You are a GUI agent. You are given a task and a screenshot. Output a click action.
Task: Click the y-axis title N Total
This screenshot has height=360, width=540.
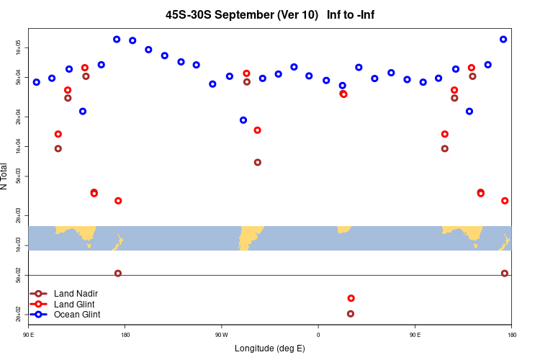(5, 176)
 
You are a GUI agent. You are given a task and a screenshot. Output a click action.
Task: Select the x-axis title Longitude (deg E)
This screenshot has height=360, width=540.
(270, 348)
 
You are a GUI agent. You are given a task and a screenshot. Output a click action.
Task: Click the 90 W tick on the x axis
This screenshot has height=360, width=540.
(221, 335)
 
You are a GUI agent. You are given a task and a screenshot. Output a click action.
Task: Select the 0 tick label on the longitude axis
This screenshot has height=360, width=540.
(318, 335)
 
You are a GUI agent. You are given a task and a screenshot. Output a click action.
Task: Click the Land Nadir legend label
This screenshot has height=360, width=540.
(76, 294)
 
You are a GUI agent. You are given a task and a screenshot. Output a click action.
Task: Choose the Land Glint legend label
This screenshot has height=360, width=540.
(74, 305)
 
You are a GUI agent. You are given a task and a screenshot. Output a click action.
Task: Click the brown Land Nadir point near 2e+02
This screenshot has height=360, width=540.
(351, 314)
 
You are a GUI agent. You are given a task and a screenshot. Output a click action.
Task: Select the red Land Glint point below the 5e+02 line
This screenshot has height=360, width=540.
(351, 298)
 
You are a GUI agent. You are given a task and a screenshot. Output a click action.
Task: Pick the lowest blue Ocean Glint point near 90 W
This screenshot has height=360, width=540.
(243, 120)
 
